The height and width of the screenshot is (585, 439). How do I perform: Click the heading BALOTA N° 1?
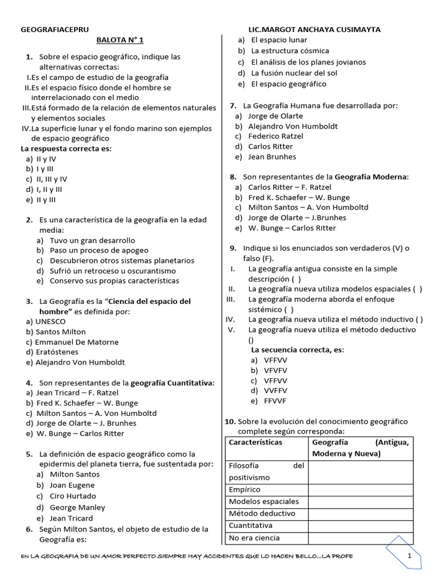(x=119, y=40)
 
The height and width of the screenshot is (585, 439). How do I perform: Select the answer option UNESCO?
(x=50, y=321)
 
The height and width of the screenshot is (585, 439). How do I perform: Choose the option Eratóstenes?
(x=57, y=352)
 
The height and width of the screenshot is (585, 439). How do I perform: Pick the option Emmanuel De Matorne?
(x=77, y=342)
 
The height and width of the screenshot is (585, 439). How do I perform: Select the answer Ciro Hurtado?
(x=73, y=496)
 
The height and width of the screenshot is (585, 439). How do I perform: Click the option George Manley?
(x=77, y=507)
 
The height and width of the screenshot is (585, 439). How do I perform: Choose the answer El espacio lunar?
(x=279, y=40)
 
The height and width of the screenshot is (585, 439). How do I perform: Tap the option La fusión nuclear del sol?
(x=294, y=73)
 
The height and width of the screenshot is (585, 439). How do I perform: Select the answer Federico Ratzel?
(x=276, y=136)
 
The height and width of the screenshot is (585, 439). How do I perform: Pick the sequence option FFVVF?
(x=276, y=401)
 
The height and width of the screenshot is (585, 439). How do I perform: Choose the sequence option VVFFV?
(x=276, y=391)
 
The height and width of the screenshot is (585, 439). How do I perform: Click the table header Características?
(x=256, y=442)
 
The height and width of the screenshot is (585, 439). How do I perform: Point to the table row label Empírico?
(x=245, y=490)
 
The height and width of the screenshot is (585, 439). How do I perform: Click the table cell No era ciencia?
(x=254, y=538)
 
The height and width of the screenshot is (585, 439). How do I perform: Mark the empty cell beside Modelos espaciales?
(x=360, y=502)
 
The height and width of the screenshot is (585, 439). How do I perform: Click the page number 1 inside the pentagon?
(x=409, y=555)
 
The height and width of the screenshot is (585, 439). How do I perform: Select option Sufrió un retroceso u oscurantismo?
(x=113, y=271)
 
